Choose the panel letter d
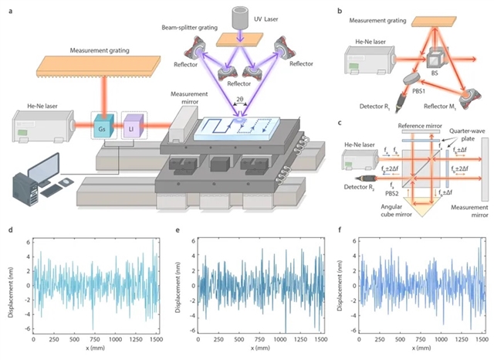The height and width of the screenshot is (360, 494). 8,230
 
